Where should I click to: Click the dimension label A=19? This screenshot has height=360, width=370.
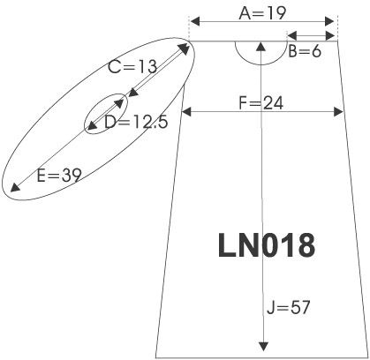262,13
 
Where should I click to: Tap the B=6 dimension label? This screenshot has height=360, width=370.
305,51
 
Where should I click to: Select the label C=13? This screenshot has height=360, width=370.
132,67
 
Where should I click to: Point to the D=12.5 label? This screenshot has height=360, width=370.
136,122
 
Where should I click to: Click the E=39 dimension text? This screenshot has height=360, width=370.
59,176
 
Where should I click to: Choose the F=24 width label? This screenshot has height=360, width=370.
261,103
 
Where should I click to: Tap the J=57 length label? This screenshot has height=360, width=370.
289,308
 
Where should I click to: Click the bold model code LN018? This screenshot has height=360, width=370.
267,245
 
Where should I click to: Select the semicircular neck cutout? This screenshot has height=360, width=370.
261,64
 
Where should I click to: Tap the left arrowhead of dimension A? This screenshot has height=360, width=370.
195,21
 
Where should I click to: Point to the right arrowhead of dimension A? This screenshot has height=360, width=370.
329,21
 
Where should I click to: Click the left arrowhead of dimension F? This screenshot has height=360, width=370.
186,112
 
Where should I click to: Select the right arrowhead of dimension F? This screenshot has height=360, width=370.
339,112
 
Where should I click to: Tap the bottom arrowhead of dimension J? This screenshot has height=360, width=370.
263,347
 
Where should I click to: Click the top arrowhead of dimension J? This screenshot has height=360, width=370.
261,47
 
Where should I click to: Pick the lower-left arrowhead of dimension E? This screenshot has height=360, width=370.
15,187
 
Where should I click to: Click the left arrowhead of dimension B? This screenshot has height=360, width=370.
291,36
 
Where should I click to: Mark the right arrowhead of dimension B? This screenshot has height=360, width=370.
330,36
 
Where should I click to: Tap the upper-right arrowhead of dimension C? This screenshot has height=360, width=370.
185,49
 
